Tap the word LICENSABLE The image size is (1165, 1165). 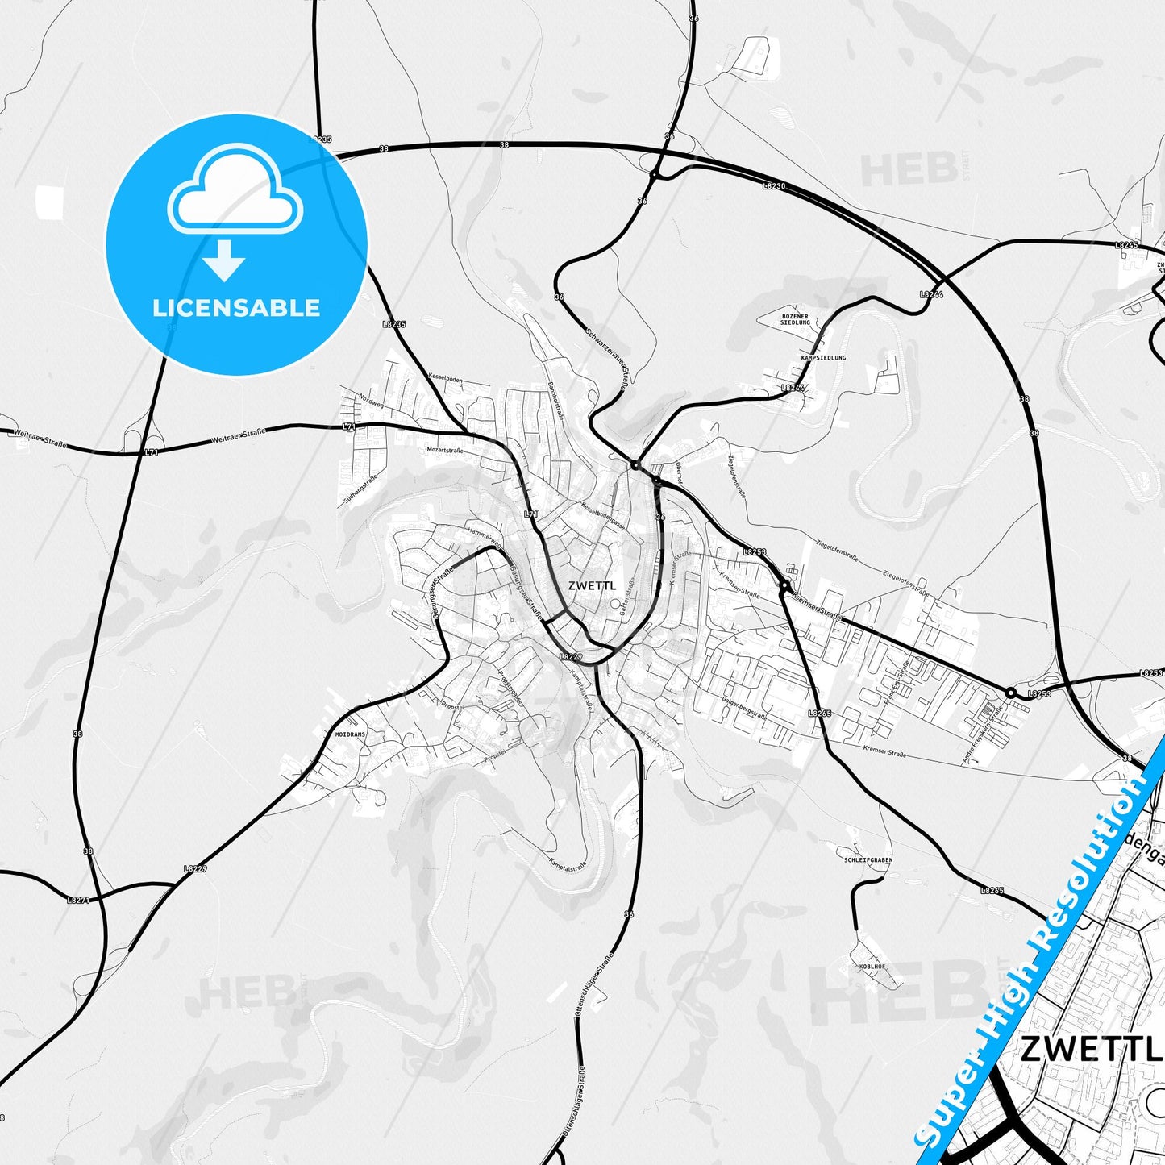(236, 308)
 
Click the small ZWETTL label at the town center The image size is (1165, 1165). (591, 586)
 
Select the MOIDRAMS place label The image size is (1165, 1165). (350, 735)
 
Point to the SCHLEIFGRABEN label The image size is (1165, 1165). (868, 860)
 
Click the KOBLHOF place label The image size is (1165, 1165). (872, 966)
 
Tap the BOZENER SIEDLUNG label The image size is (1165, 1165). (795, 319)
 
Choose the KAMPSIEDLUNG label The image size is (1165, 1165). (823, 357)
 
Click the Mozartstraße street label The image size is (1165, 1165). (445, 450)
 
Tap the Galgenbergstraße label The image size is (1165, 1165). (744, 709)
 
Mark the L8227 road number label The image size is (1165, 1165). (195, 868)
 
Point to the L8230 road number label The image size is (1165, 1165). (774, 185)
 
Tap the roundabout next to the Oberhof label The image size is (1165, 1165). (656, 481)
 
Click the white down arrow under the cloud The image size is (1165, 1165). (224, 260)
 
